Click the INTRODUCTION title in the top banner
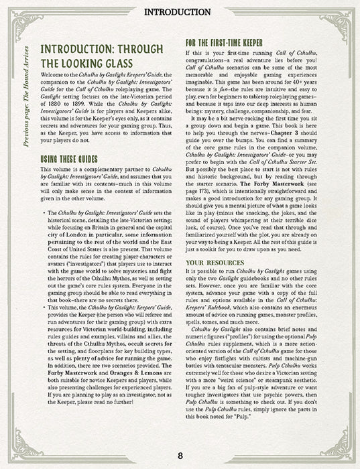click(180, 12)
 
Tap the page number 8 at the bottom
click(180, 457)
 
